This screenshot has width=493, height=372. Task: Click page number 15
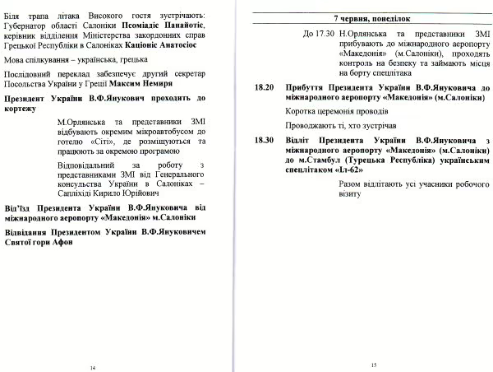click(x=373, y=364)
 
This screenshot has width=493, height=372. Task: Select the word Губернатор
click(x=27, y=26)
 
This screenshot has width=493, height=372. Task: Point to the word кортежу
click(x=25, y=109)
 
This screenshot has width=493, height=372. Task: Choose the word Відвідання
click(x=29, y=233)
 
